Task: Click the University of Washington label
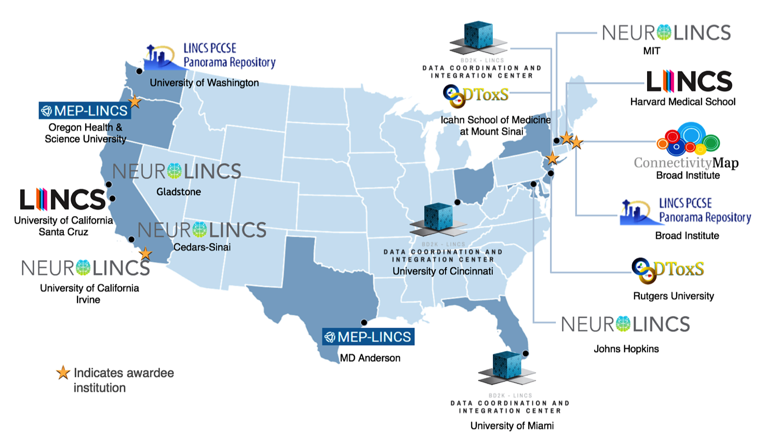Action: (204, 83)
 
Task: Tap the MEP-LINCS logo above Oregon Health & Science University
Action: (85, 111)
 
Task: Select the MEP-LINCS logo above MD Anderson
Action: (368, 337)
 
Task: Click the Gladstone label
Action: (179, 192)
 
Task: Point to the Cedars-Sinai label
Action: (202, 247)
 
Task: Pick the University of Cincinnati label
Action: (442, 271)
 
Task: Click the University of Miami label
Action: (512, 426)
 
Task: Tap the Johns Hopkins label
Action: (626, 349)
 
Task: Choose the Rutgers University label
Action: (673, 296)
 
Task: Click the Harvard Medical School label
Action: (682, 102)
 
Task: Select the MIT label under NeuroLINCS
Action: (651, 51)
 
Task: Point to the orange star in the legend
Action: (63, 373)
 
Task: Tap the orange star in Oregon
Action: (135, 102)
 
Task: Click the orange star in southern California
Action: (145, 254)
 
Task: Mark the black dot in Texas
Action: (364, 323)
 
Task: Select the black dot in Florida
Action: (526, 354)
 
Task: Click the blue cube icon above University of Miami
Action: (506, 367)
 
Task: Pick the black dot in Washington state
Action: (139, 71)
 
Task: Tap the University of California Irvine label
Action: (89, 293)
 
